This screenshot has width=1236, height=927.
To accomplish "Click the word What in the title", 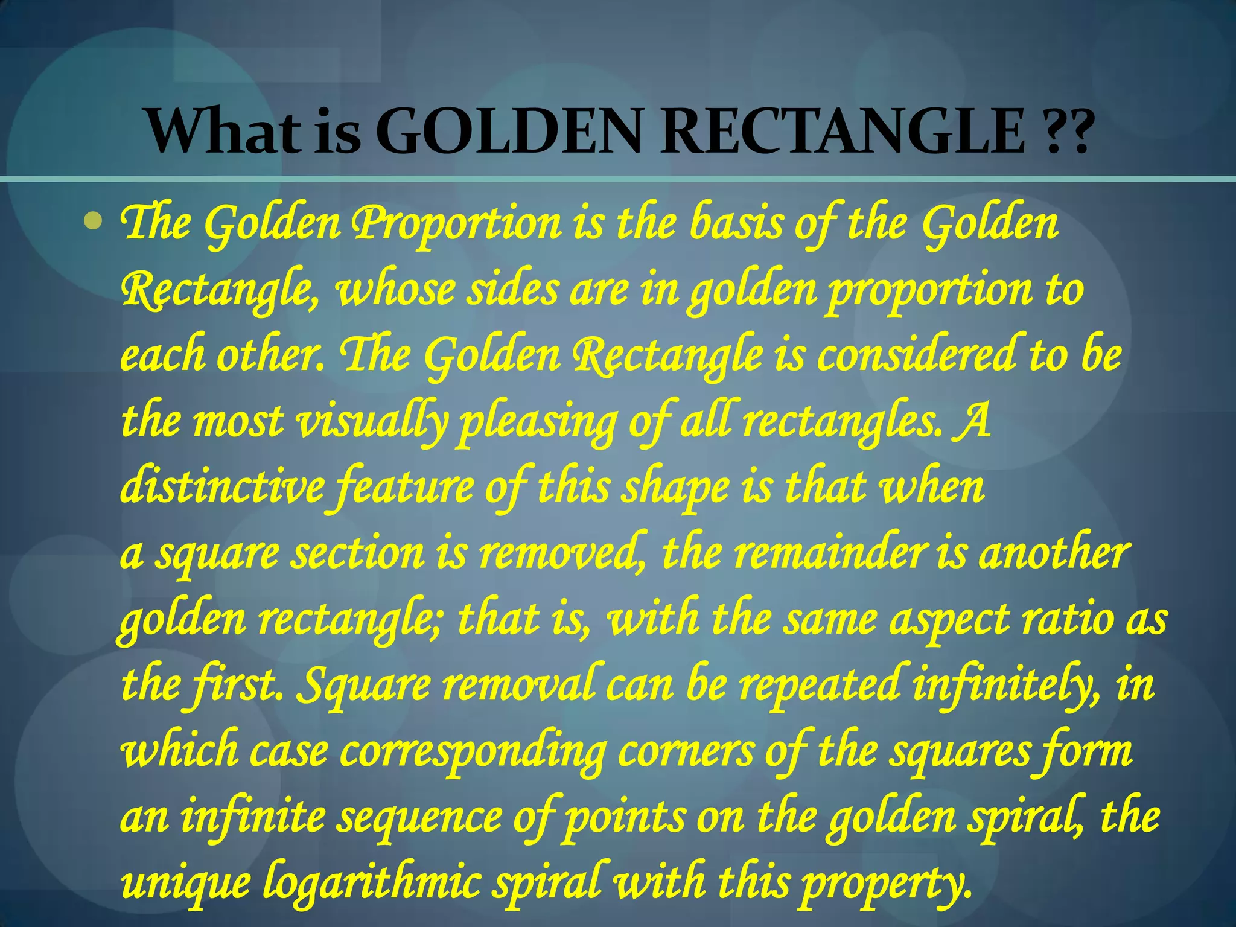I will coord(223,132).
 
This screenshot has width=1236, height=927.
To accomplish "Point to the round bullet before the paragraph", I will coord(93,222).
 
